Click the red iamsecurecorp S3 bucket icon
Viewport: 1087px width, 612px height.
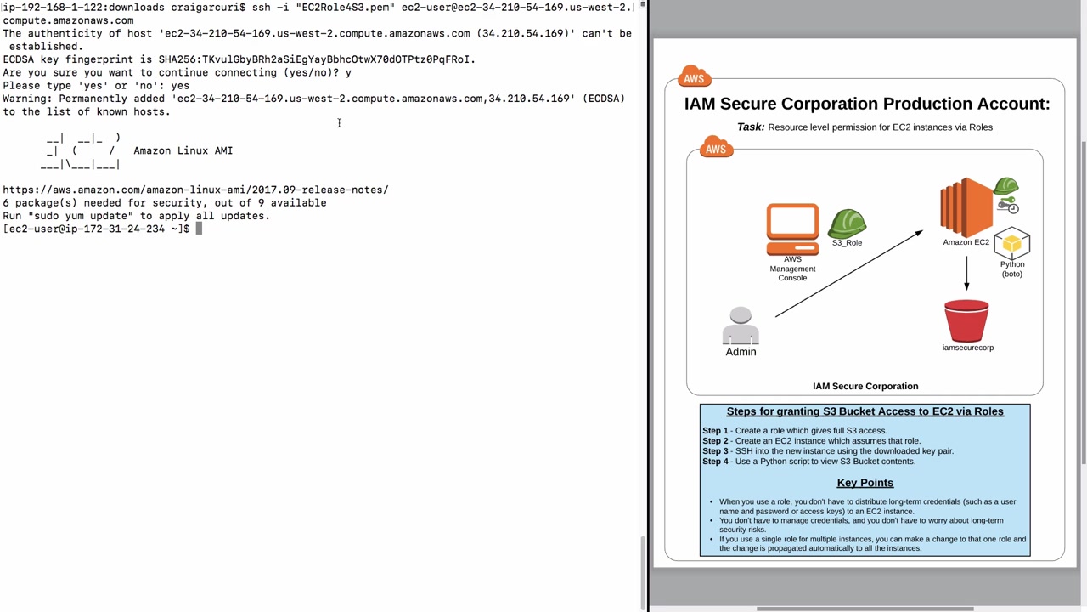pos(966,320)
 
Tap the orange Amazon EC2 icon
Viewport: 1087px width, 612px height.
pos(966,207)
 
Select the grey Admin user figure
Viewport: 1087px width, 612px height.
pos(741,326)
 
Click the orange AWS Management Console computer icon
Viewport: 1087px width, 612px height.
pos(792,229)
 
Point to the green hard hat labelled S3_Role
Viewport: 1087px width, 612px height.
pos(847,224)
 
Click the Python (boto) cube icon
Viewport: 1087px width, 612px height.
pos(1011,244)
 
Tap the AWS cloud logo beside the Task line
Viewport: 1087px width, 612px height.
pos(716,149)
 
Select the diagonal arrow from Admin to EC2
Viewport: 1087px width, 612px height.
pos(848,274)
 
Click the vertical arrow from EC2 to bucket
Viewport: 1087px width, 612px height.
pos(966,272)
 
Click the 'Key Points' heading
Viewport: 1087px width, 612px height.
pos(865,483)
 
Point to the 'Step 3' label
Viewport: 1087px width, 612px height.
pos(715,451)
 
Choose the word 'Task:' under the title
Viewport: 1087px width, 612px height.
pos(751,127)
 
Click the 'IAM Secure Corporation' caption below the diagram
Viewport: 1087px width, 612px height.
pos(865,386)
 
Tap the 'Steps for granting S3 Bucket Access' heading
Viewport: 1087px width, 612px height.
pos(865,411)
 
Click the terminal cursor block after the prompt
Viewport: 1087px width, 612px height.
pos(199,229)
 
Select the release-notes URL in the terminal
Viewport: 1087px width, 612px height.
pos(195,190)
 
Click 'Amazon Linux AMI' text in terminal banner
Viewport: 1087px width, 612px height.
pos(183,150)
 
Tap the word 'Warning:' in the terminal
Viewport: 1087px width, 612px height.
pos(27,99)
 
